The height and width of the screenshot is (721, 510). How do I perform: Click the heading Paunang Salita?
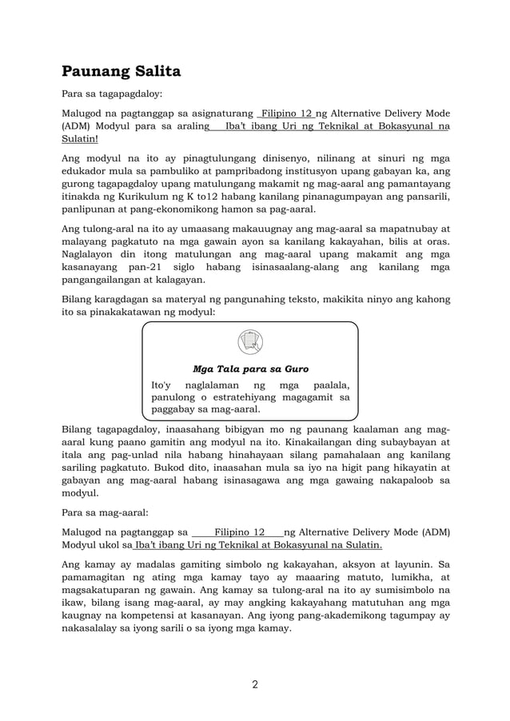(122, 71)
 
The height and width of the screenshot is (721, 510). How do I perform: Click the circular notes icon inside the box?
(250, 342)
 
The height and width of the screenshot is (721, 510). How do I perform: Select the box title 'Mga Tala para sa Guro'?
(250, 369)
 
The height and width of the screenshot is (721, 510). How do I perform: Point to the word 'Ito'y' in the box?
(163, 385)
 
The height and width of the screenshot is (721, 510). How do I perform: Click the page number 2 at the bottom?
(254, 684)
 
